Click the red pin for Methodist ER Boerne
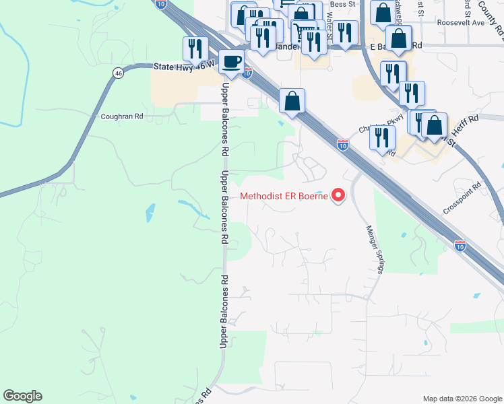(338, 195)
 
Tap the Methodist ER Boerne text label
(284, 197)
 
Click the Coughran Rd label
(122, 116)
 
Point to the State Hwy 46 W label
(184, 66)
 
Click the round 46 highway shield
(117, 74)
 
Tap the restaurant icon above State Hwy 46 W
(193, 48)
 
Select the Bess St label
(342, 4)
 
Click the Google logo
(22, 396)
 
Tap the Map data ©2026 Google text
(462, 399)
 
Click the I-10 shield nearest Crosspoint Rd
(460, 246)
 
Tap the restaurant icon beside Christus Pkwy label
(383, 137)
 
